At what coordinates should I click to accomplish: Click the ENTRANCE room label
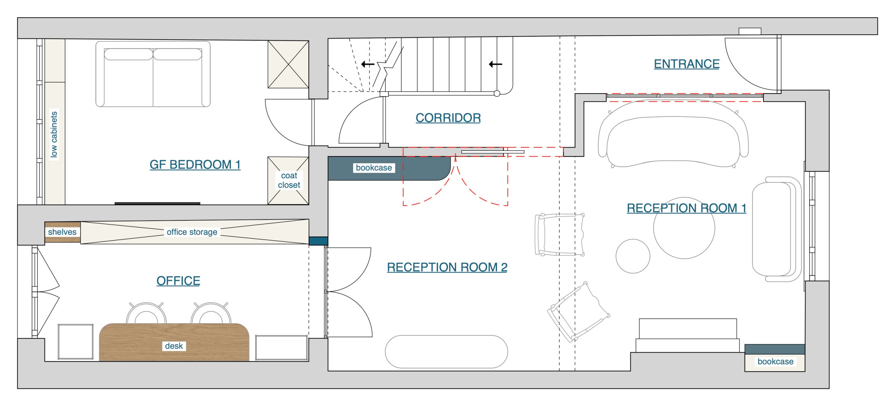click(x=687, y=64)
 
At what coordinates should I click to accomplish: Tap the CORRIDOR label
click(x=448, y=118)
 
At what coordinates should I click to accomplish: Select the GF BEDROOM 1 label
click(x=195, y=164)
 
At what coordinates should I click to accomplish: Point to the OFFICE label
click(x=178, y=281)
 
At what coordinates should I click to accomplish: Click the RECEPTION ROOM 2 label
click(x=447, y=267)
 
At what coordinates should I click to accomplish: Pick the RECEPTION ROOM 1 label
click(x=686, y=208)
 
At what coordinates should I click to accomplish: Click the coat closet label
click(x=289, y=180)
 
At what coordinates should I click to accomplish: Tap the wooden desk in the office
click(x=174, y=342)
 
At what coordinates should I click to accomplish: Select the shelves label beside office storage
click(x=62, y=232)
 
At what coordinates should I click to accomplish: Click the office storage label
click(x=192, y=232)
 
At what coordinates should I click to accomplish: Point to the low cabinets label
click(x=54, y=134)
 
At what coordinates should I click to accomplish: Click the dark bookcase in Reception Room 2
click(x=389, y=168)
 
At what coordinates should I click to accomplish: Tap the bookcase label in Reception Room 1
click(x=775, y=361)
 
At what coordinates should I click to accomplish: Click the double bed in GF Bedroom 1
click(x=153, y=74)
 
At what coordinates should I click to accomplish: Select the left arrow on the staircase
click(x=367, y=64)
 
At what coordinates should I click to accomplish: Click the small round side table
click(x=633, y=256)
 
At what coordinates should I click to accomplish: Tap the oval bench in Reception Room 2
click(x=446, y=352)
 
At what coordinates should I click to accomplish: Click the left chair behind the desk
click(x=146, y=313)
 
